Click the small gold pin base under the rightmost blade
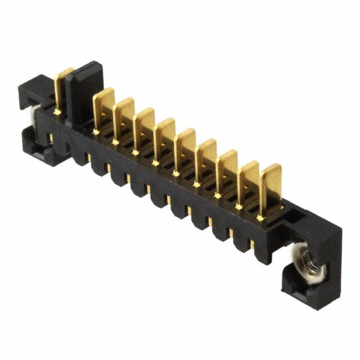(260, 217)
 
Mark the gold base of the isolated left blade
(57, 112)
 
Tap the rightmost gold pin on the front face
(251, 243)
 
